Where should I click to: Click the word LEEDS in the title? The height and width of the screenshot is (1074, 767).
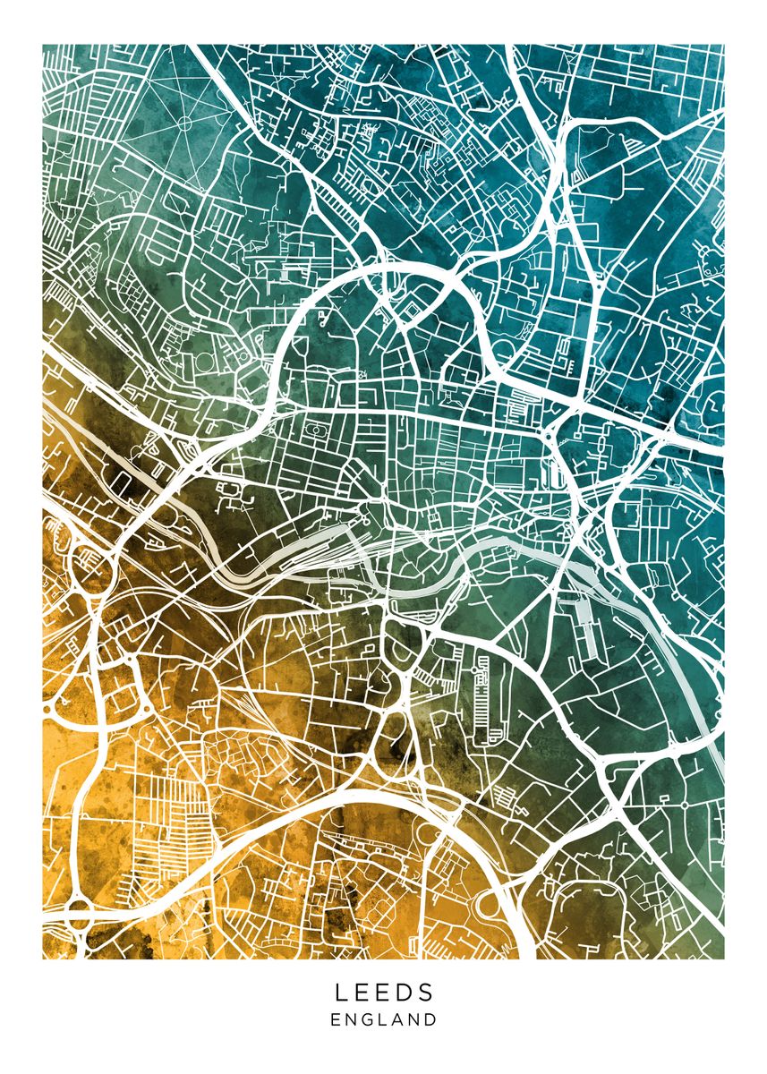[384, 992]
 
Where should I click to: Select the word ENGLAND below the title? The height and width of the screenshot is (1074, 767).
[384, 1019]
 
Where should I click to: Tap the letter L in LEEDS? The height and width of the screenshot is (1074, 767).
[341, 992]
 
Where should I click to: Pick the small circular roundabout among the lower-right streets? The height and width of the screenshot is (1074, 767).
[685, 805]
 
